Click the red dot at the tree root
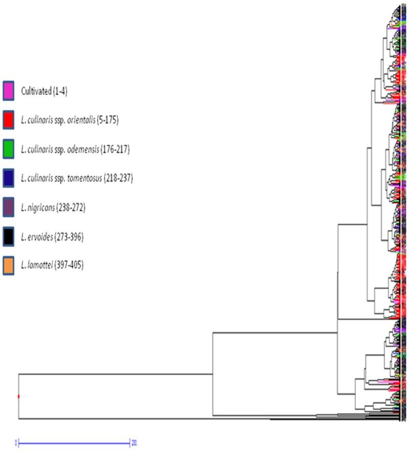click(x=18, y=396)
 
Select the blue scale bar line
click(x=74, y=441)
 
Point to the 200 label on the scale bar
click(x=134, y=441)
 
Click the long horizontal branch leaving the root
click(x=115, y=374)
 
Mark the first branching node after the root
click(x=212, y=374)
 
